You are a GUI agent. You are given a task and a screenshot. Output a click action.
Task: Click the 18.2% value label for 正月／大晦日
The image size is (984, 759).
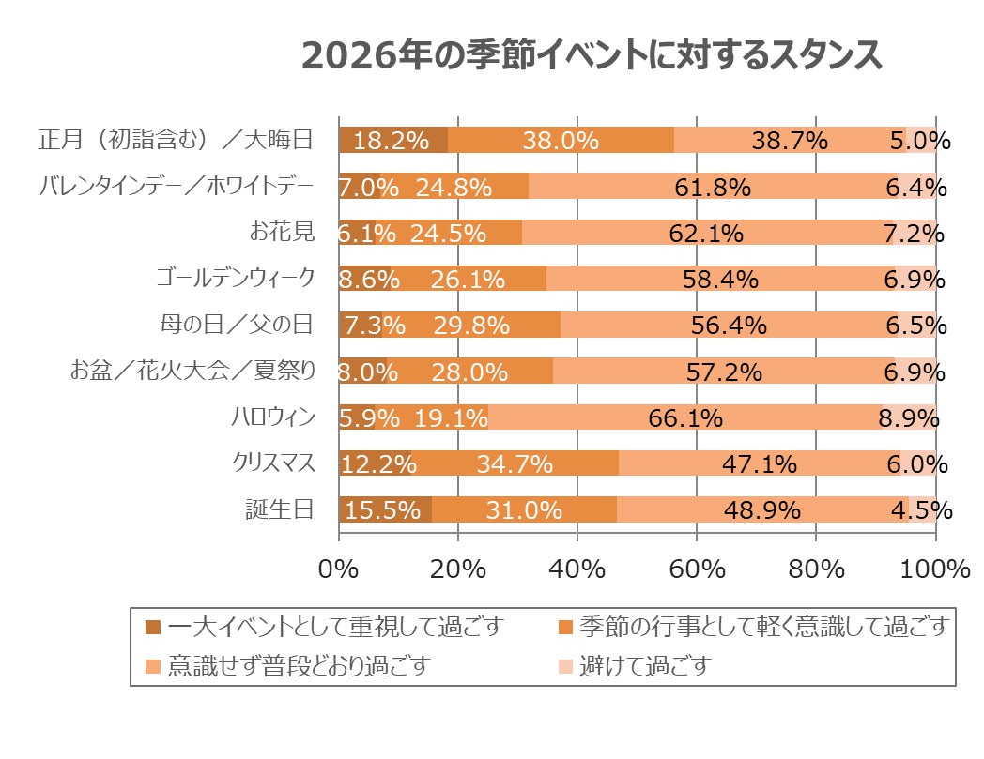point(392,141)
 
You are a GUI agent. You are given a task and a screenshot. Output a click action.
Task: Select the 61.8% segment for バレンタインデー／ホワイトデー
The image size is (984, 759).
point(713,188)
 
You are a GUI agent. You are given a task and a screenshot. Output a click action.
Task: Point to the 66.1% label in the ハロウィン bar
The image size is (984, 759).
point(685,417)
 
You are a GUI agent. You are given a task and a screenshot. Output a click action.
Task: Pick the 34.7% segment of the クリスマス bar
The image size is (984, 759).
point(515,463)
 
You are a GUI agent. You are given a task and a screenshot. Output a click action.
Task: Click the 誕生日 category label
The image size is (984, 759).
point(279,509)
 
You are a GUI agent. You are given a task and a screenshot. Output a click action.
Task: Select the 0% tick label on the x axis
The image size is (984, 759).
point(339,569)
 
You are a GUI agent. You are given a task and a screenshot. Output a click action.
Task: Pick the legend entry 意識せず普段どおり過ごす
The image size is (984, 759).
point(299,666)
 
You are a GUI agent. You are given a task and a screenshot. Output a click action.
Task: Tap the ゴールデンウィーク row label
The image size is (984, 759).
point(235,279)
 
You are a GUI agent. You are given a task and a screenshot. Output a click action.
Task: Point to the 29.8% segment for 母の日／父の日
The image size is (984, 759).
point(471,326)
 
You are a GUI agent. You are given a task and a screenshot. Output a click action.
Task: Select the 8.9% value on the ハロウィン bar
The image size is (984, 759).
point(909,417)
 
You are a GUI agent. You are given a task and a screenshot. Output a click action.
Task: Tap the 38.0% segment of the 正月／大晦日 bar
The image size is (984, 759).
point(561,141)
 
